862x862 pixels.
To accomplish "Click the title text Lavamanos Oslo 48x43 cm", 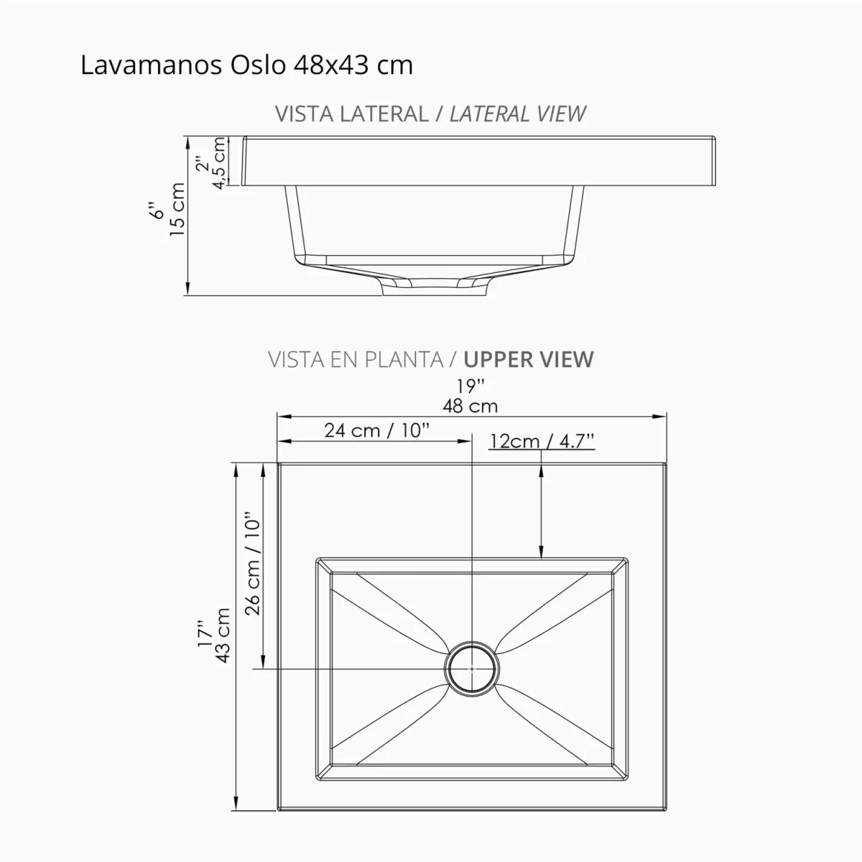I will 246,65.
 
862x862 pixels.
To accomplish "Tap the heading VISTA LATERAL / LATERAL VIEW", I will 430,113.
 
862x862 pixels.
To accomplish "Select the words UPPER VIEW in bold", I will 529,359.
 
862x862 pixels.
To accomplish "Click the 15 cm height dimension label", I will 177,208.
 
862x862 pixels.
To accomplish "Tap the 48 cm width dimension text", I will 470,406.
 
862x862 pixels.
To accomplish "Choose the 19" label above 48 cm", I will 471,386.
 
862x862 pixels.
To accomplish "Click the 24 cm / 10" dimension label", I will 376,430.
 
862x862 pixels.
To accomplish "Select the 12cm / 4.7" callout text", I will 542,440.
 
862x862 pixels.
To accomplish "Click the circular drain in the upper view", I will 471,667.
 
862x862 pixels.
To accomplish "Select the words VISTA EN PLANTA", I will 356,359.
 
